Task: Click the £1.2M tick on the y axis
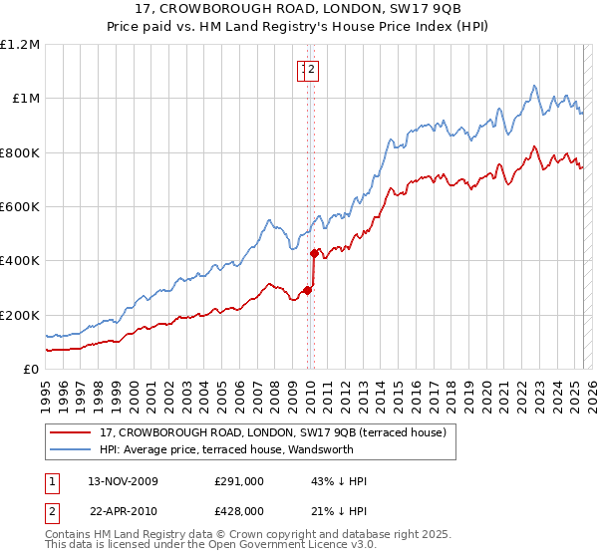(20, 44)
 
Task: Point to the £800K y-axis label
(20, 152)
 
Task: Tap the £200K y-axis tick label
(20, 315)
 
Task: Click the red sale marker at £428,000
(315, 253)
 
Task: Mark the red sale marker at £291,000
(308, 290)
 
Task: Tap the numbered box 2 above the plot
(312, 70)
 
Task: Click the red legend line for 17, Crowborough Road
(70, 432)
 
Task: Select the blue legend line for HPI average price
(70, 449)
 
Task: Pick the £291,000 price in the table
(239, 481)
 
